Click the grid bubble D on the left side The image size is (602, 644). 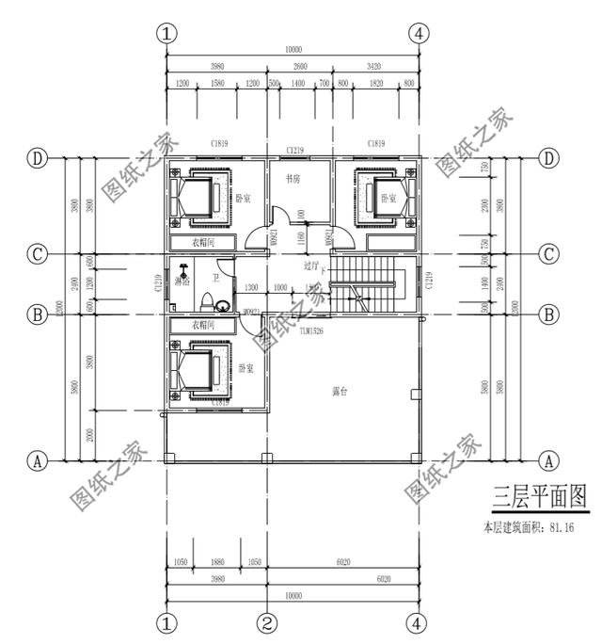point(38,158)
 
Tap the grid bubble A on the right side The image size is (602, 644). point(548,461)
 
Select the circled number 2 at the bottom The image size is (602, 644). point(267,622)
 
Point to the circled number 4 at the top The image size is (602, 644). point(420,33)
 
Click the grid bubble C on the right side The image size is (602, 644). point(548,254)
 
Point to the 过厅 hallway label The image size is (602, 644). point(310,266)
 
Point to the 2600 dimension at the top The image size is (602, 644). point(300,67)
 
